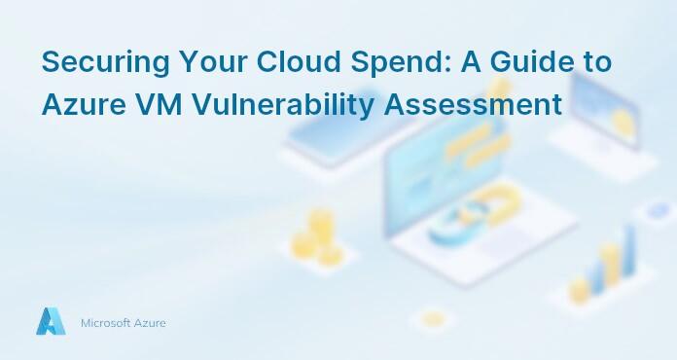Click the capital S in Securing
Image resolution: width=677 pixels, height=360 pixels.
coord(51,62)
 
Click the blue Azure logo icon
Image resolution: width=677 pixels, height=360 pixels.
coord(51,321)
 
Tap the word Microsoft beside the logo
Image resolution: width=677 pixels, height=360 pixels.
coord(105,322)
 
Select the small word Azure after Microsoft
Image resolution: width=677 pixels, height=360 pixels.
coord(150,322)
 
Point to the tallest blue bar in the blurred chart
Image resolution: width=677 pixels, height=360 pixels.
coord(629,255)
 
